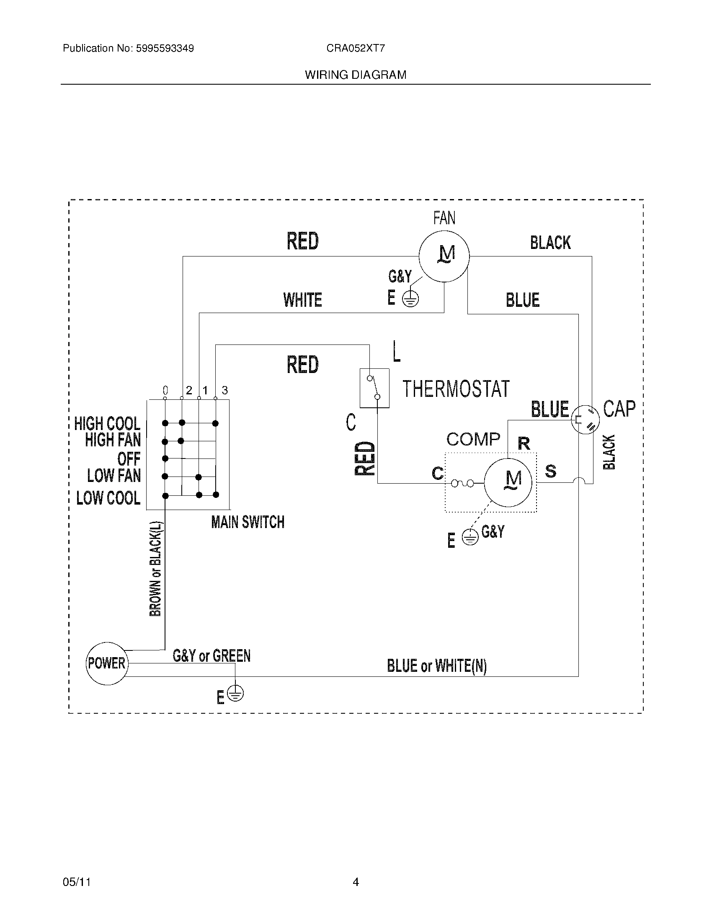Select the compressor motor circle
tap(508, 482)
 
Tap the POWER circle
tap(107, 663)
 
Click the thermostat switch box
tap(374, 388)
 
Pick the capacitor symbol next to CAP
tap(585, 419)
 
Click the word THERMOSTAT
tap(456, 389)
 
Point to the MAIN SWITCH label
tap(248, 522)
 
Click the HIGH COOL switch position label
tap(107, 423)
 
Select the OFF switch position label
tap(129, 458)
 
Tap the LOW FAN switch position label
tap(114, 476)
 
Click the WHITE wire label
tap(302, 300)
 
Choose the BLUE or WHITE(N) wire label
tap(436, 666)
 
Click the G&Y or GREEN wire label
tap(212, 655)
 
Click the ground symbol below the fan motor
tap(410, 300)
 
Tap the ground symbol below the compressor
tap(470, 537)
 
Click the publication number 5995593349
tap(165, 48)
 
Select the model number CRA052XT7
tap(356, 48)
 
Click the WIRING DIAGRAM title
tap(356, 75)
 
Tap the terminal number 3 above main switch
tap(225, 390)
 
